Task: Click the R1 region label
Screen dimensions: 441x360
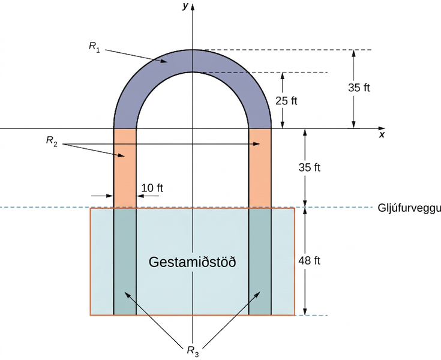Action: pos(94,47)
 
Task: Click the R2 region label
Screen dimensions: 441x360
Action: pos(52,141)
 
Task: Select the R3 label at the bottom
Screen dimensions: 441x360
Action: pos(193,351)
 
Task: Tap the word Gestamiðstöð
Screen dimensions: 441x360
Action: pos(193,262)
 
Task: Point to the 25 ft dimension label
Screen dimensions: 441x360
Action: pos(286,101)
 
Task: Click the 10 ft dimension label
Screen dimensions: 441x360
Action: pos(152,188)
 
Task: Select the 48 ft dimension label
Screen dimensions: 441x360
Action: pos(309,261)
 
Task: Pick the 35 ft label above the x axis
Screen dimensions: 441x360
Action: pos(359,88)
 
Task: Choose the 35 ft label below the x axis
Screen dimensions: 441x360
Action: pos(309,167)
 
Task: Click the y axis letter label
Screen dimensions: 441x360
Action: pos(185,6)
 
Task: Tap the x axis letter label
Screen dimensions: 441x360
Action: pos(382,135)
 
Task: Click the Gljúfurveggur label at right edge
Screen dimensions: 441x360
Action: pos(409,208)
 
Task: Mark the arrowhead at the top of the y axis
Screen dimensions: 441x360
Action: pos(193,6)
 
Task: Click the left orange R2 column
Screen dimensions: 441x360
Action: pos(125,168)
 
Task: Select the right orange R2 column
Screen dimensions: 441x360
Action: pos(260,168)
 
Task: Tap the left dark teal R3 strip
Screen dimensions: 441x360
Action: pos(125,262)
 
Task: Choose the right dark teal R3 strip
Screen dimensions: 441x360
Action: pos(260,262)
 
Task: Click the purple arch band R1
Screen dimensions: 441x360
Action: pos(193,61)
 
